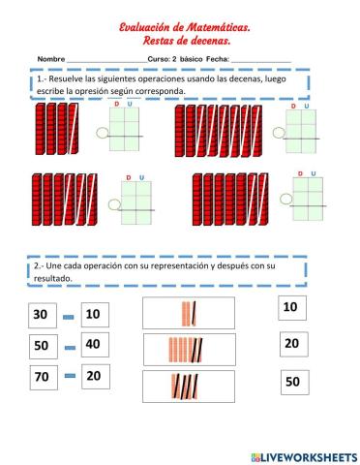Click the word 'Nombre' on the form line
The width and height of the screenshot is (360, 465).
tap(50, 60)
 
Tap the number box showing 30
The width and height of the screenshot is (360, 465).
tap(41, 315)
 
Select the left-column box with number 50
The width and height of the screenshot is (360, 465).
tap(41, 345)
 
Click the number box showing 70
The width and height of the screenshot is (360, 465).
tap(41, 377)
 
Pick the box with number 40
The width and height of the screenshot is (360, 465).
tap(93, 345)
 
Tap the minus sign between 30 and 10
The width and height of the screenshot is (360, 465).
tap(68, 317)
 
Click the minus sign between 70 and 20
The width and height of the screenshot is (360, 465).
tap(68, 378)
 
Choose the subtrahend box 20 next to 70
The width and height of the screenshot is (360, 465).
tap(93, 377)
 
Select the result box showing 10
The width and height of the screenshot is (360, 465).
tap(289, 308)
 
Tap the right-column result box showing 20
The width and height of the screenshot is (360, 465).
tap(291, 344)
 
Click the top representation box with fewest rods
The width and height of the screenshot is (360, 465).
tap(188, 313)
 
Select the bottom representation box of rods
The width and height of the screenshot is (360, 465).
tap(188, 385)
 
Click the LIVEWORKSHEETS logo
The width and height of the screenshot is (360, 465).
tap(302, 455)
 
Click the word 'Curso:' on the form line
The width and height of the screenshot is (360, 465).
tap(159, 60)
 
